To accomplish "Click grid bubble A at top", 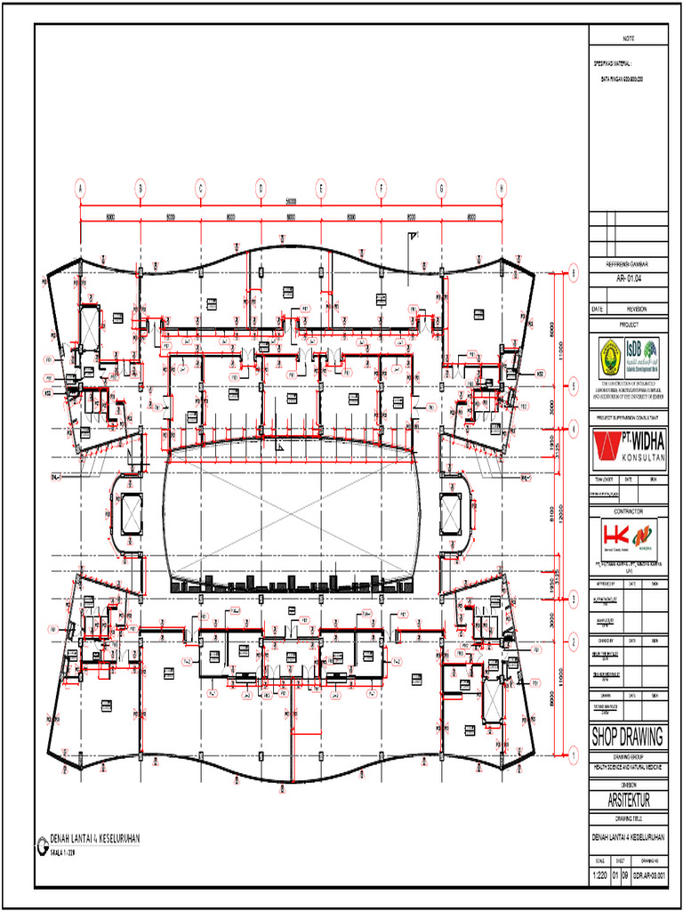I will point(80,189).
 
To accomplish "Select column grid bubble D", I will point(261,189).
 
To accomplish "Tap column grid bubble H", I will point(501,189).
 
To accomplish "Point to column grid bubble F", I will point(381,189).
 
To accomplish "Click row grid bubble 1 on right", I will point(574,756).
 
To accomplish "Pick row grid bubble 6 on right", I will point(574,273).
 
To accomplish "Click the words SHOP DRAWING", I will point(628,737).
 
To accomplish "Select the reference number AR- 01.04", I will point(628,278).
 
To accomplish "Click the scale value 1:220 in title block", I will point(603,876).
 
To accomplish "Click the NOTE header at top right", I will point(628,39).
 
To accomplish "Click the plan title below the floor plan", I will point(94,839).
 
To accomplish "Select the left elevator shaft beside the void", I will point(127,513).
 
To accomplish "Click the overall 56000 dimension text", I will point(291,201).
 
